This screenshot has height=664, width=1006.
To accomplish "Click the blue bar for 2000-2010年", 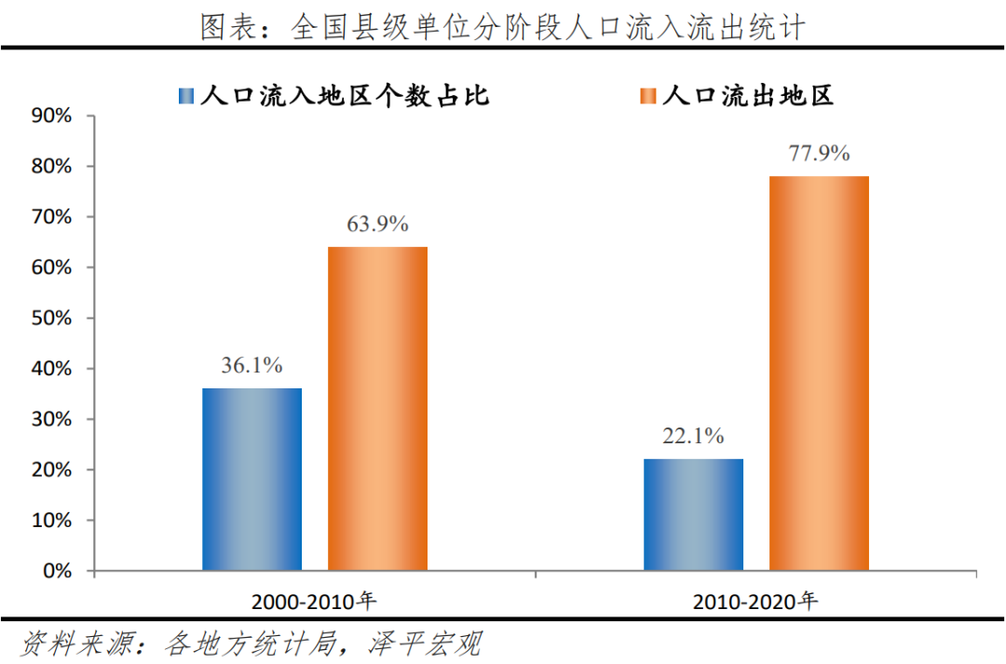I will tap(251, 479).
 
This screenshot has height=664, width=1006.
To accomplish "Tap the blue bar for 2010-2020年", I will tap(693, 514).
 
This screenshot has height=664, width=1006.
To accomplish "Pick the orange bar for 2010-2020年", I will tap(819, 373).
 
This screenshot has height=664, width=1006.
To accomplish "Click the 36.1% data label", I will tap(251, 365).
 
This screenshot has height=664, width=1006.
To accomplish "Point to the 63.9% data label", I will tap(377, 224).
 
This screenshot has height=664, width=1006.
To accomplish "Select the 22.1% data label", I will tap(693, 436).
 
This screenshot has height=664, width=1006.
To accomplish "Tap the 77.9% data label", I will tap(819, 154).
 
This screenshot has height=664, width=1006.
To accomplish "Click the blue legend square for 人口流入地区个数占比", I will tap(185, 96).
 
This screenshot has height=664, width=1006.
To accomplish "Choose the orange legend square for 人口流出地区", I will tap(647, 96).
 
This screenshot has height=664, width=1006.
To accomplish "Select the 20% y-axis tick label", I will tap(52, 469).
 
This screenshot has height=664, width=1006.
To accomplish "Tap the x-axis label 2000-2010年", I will tap(313, 601).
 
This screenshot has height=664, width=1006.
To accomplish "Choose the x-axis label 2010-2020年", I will tap(755, 601).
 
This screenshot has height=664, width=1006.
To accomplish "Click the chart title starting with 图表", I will tap(502, 27).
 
